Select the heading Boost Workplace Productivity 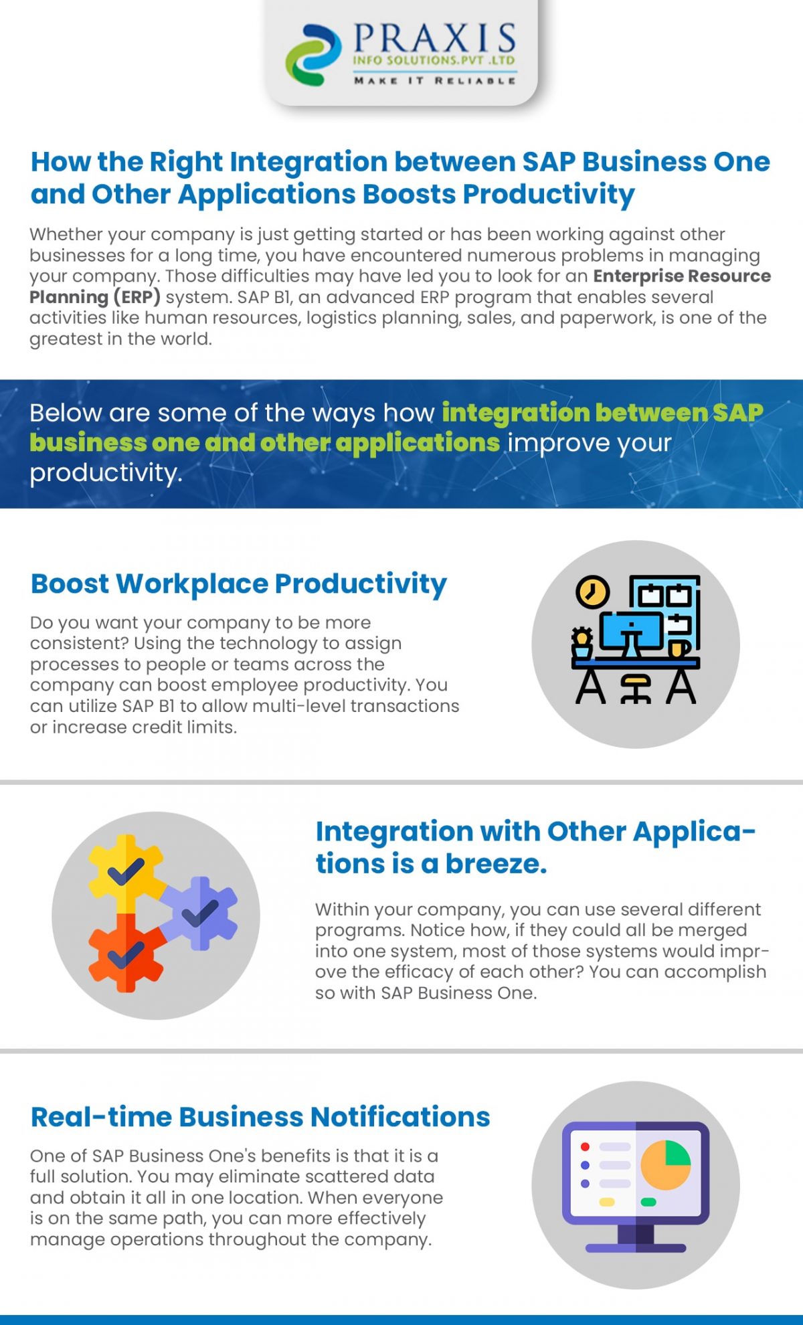238,584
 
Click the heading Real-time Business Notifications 260,1117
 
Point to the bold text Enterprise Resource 681,276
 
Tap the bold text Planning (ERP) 94,296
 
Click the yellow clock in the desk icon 592,592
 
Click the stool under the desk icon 635,689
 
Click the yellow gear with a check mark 125,871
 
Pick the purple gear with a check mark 200,913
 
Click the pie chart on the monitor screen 665,1165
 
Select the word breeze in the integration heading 496,863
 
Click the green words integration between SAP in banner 602,412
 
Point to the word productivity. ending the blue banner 106,472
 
